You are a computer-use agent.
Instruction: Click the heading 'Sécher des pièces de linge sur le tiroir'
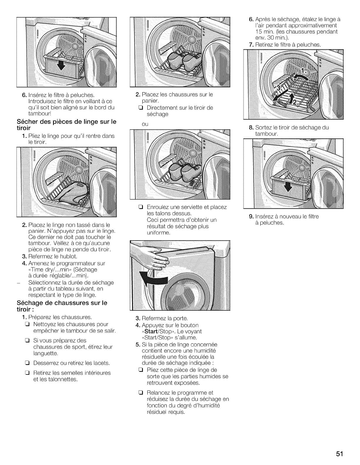coord(67,124)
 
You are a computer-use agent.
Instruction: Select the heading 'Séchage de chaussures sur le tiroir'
coord(63,306)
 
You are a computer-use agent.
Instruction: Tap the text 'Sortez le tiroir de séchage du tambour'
coord(292,131)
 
